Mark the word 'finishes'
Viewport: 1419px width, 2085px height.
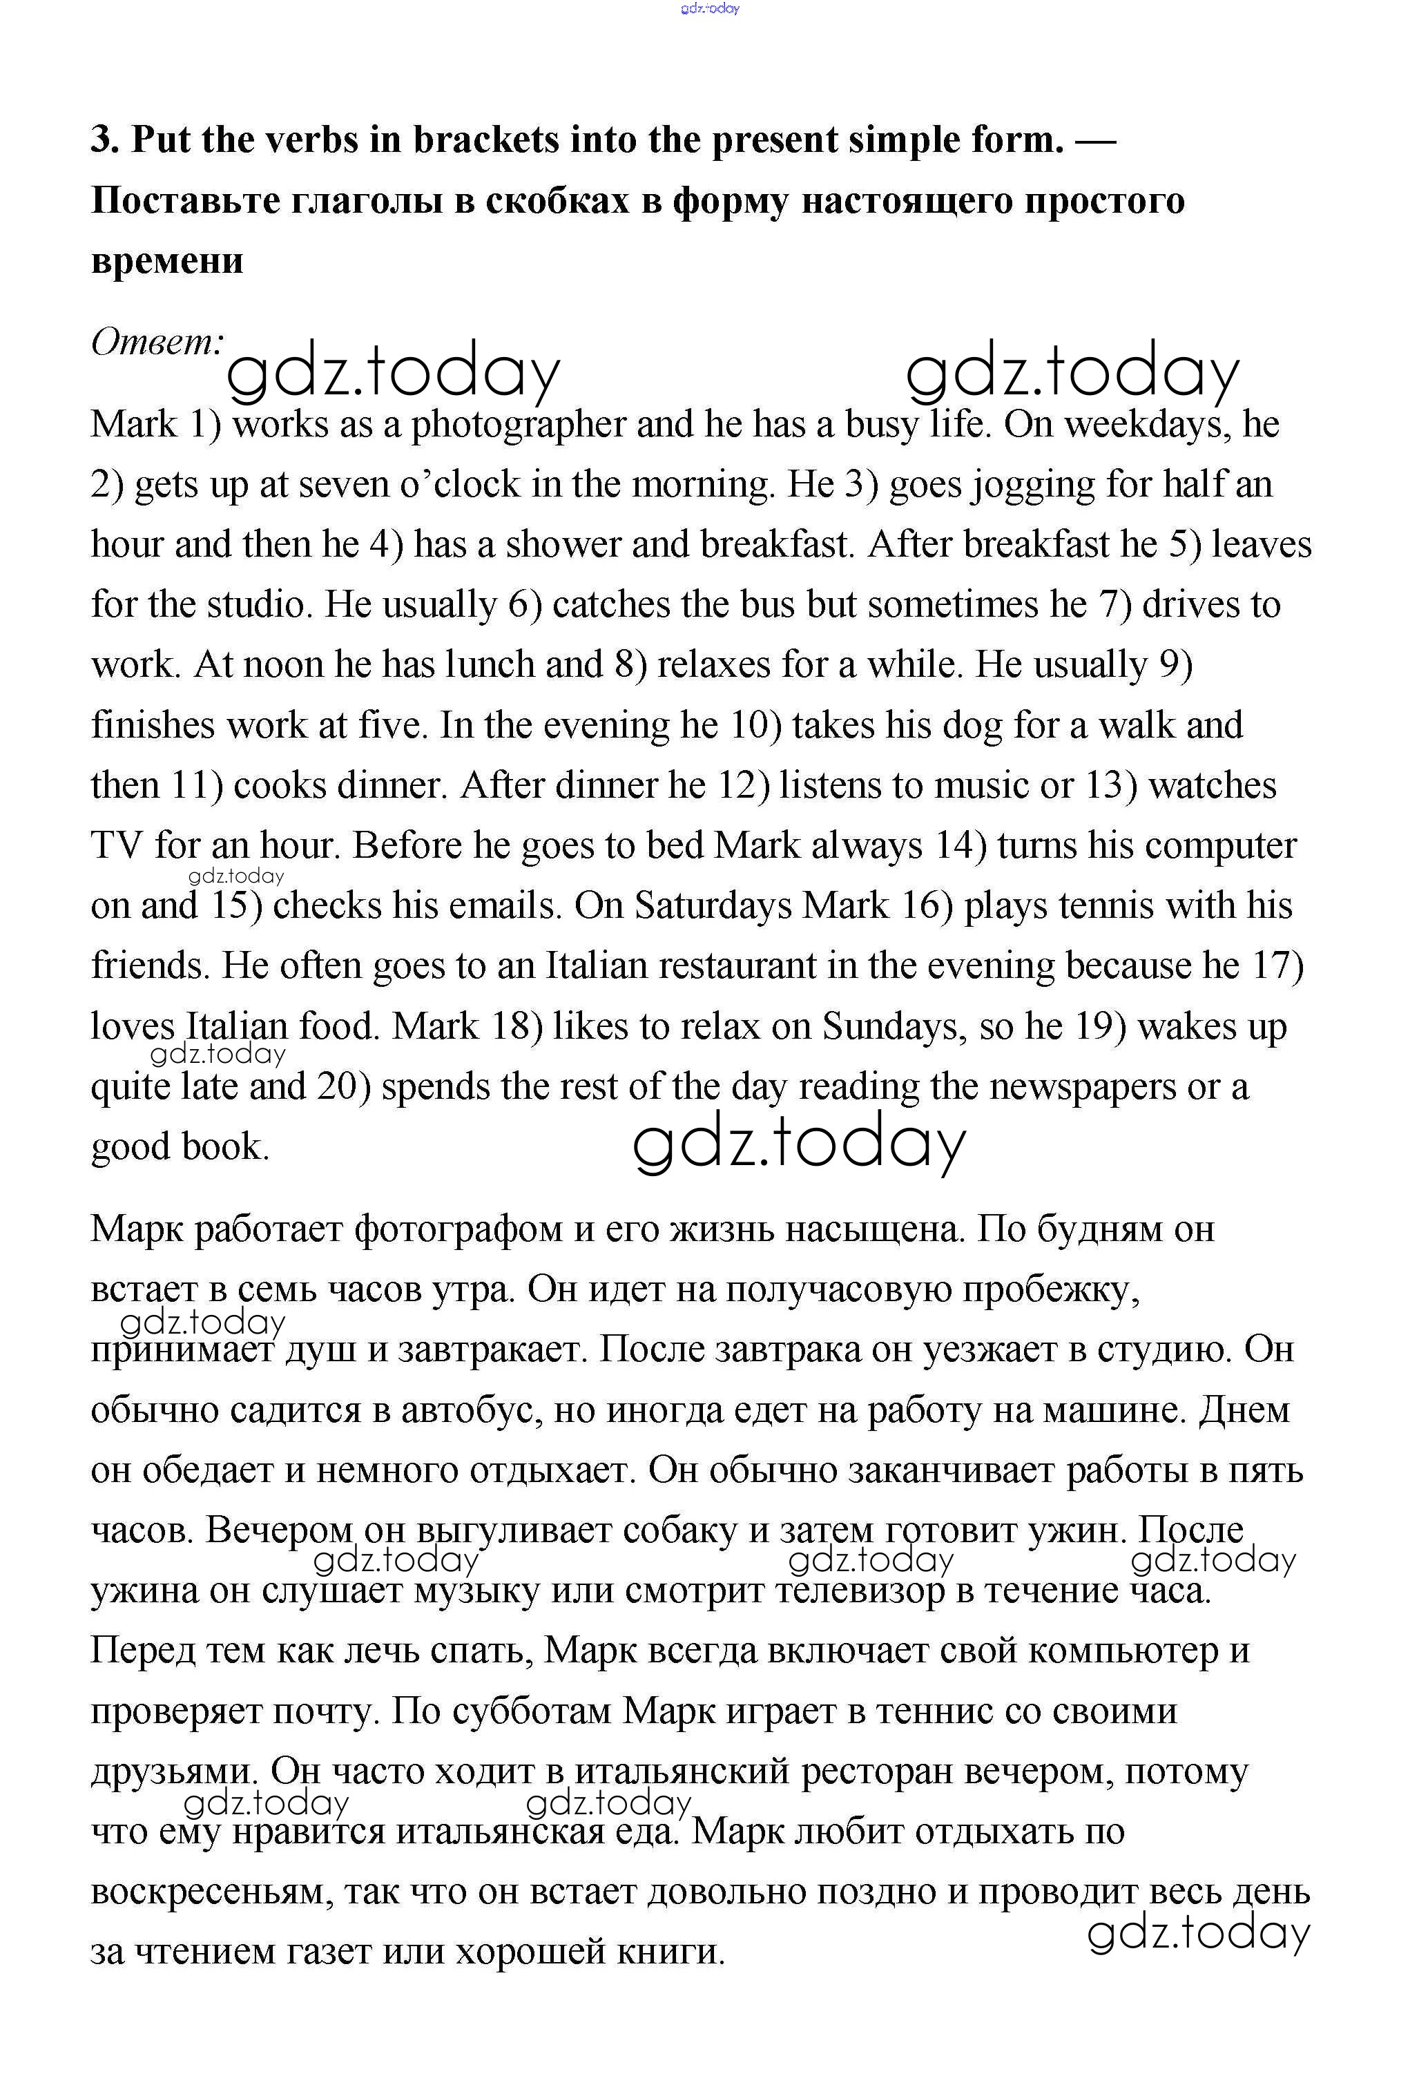[x=153, y=726]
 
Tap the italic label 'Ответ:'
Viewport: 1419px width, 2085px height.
[x=157, y=342]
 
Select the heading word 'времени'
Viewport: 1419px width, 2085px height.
[x=167, y=261]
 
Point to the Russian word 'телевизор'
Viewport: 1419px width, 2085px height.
[x=859, y=1592]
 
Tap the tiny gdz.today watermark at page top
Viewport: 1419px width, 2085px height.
[x=710, y=9]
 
